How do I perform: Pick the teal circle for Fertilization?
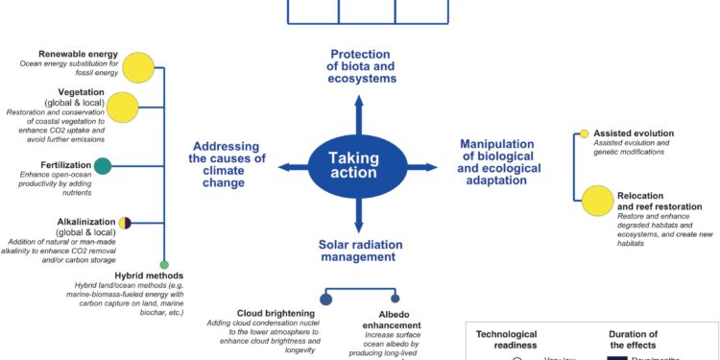[x=103, y=166]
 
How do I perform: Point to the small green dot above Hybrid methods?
[x=164, y=264]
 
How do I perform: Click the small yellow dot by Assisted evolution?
[x=583, y=133]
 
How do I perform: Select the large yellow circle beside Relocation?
[x=597, y=200]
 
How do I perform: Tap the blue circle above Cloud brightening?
[x=325, y=300]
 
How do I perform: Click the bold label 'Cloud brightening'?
[x=276, y=313]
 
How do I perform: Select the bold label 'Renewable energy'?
[x=77, y=54]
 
